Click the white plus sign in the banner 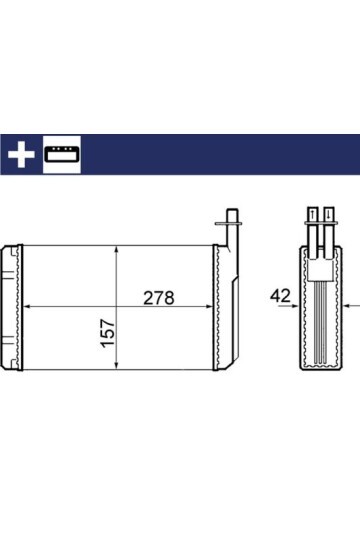(21, 154)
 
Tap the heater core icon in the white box (62, 154)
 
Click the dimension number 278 (159, 298)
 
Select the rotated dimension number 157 (108, 333)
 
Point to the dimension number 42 (280, 296)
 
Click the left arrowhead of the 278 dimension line (28, 306)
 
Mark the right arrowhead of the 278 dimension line (208, 306)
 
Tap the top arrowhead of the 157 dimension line (116, 250)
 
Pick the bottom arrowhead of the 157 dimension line (116, 366)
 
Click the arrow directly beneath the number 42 (288, 305)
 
